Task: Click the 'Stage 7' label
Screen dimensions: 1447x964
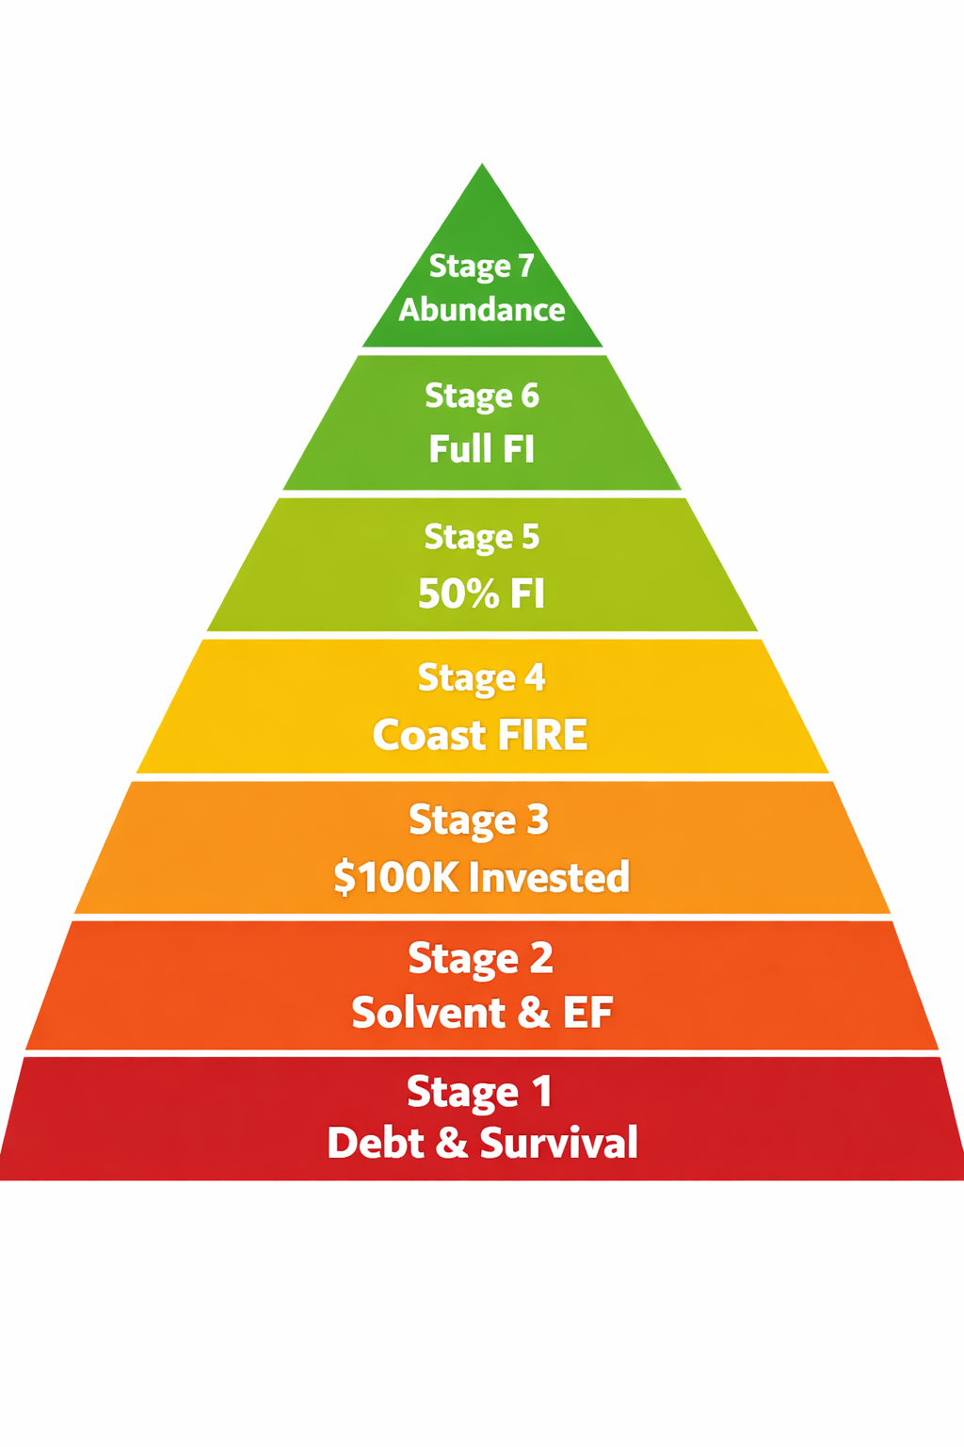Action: click(481, 267)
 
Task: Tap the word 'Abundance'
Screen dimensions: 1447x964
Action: click(481, 310)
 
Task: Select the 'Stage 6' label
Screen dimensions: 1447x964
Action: click(481, 397)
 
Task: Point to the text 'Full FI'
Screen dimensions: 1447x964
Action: click(481, 448)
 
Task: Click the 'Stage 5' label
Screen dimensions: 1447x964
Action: click(481, 538)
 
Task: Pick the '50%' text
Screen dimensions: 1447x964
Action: click(458, 593)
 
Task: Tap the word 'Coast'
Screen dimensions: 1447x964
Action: click(428, 735)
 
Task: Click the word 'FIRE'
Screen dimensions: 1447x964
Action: click(541, 735)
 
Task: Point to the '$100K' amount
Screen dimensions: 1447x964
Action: click(395, 878)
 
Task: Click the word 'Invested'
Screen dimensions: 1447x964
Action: click(549, 878)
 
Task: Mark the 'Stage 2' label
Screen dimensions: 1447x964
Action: click(480, 959)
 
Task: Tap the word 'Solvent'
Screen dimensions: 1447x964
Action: click(428, 1013)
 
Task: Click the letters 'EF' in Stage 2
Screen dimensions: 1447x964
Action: click(587, 1013)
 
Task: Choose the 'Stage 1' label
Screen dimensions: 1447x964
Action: click(479, 1093)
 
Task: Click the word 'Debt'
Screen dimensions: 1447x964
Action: click(375, 1143)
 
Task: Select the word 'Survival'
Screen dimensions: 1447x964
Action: click(558, 1143)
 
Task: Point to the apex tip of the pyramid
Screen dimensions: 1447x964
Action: click(482, 166)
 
